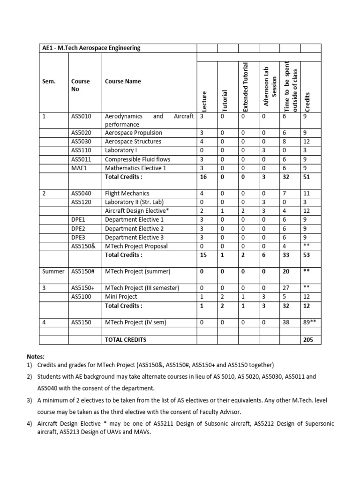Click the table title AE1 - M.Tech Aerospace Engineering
(x=90, y=48)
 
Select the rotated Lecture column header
(x=204, y=101)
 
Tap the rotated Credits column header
(x=307, y=100)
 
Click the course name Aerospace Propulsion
(x=134, y=133)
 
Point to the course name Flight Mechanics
(x=127, y=193)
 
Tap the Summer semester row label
(x=53, y=271)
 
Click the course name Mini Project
(x=121, y=297)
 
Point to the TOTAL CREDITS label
(x=125, y=339)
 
